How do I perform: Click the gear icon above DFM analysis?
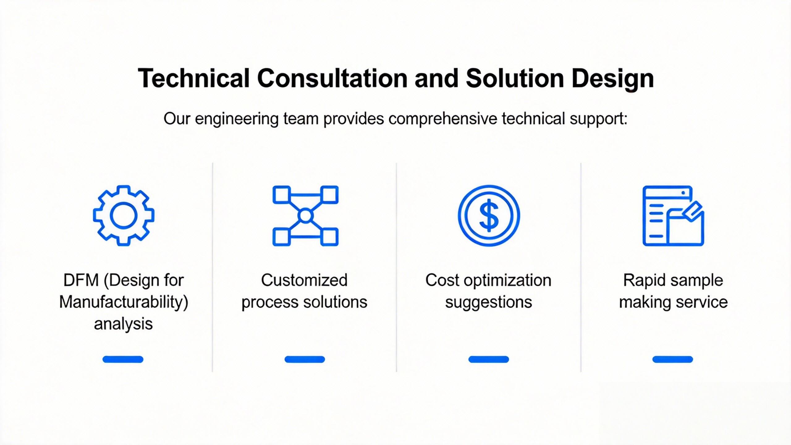coord(124,215)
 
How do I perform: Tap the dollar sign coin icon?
coord(489,215)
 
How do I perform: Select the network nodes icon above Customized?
coord(305,215)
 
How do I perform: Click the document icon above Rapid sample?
coord(673,215)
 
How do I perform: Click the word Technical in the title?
coord(193,78)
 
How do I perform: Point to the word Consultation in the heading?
coord(332,78)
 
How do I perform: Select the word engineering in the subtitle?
coord(237,119)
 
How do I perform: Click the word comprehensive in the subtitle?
coord(442,119)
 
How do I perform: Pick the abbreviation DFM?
coord(81,280)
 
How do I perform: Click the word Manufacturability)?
coord(124,302)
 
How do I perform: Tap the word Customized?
coord(304,280)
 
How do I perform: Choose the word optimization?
coord(507,281)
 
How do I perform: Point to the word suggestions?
coord(489,302)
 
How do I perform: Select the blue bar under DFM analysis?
coord(123,359)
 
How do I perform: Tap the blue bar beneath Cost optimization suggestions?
coord(489,359)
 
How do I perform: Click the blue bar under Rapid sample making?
coord(673,359)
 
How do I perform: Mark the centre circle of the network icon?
coord(305,215)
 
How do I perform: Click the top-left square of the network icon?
coord(281,194)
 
